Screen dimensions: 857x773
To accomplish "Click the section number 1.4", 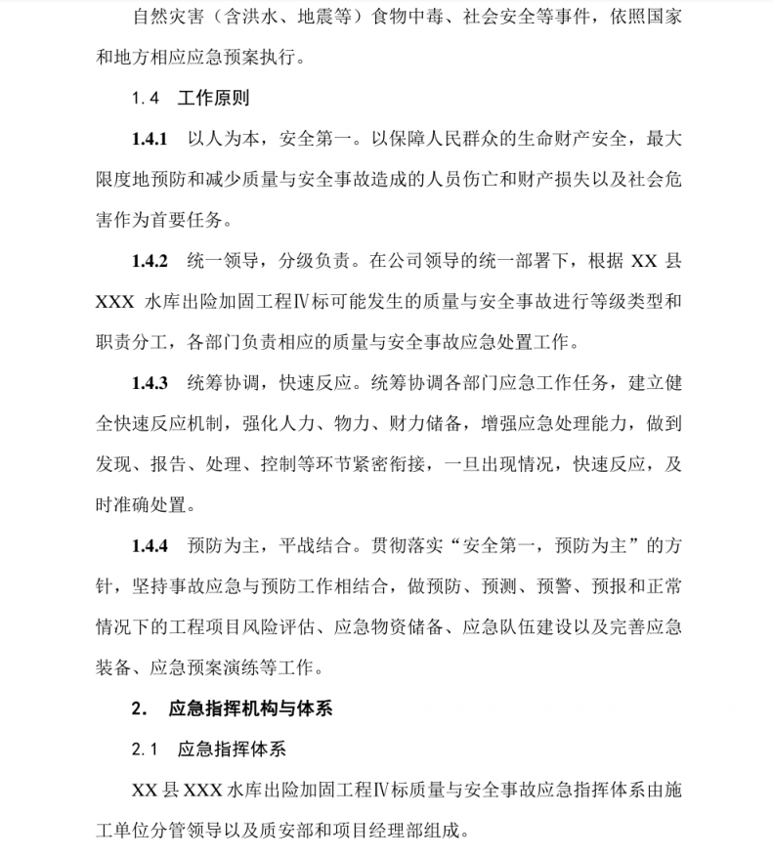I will pyautogui.click(x=145, y=99).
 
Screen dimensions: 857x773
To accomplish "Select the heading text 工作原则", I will pyautogui.click(x=214, y=99).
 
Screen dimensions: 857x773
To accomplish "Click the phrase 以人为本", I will pyautogui.click(x=216, y=140).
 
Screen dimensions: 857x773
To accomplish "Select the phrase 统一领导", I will pyautogui.click(x=216, y=261).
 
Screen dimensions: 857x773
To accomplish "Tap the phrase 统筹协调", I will pyautogui.click(x=216, y=382).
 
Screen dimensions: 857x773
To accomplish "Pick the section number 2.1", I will pyautogui.click(x=145, y=750).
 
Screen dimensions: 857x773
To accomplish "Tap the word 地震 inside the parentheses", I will pyautogui.click(x=318, y=17).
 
